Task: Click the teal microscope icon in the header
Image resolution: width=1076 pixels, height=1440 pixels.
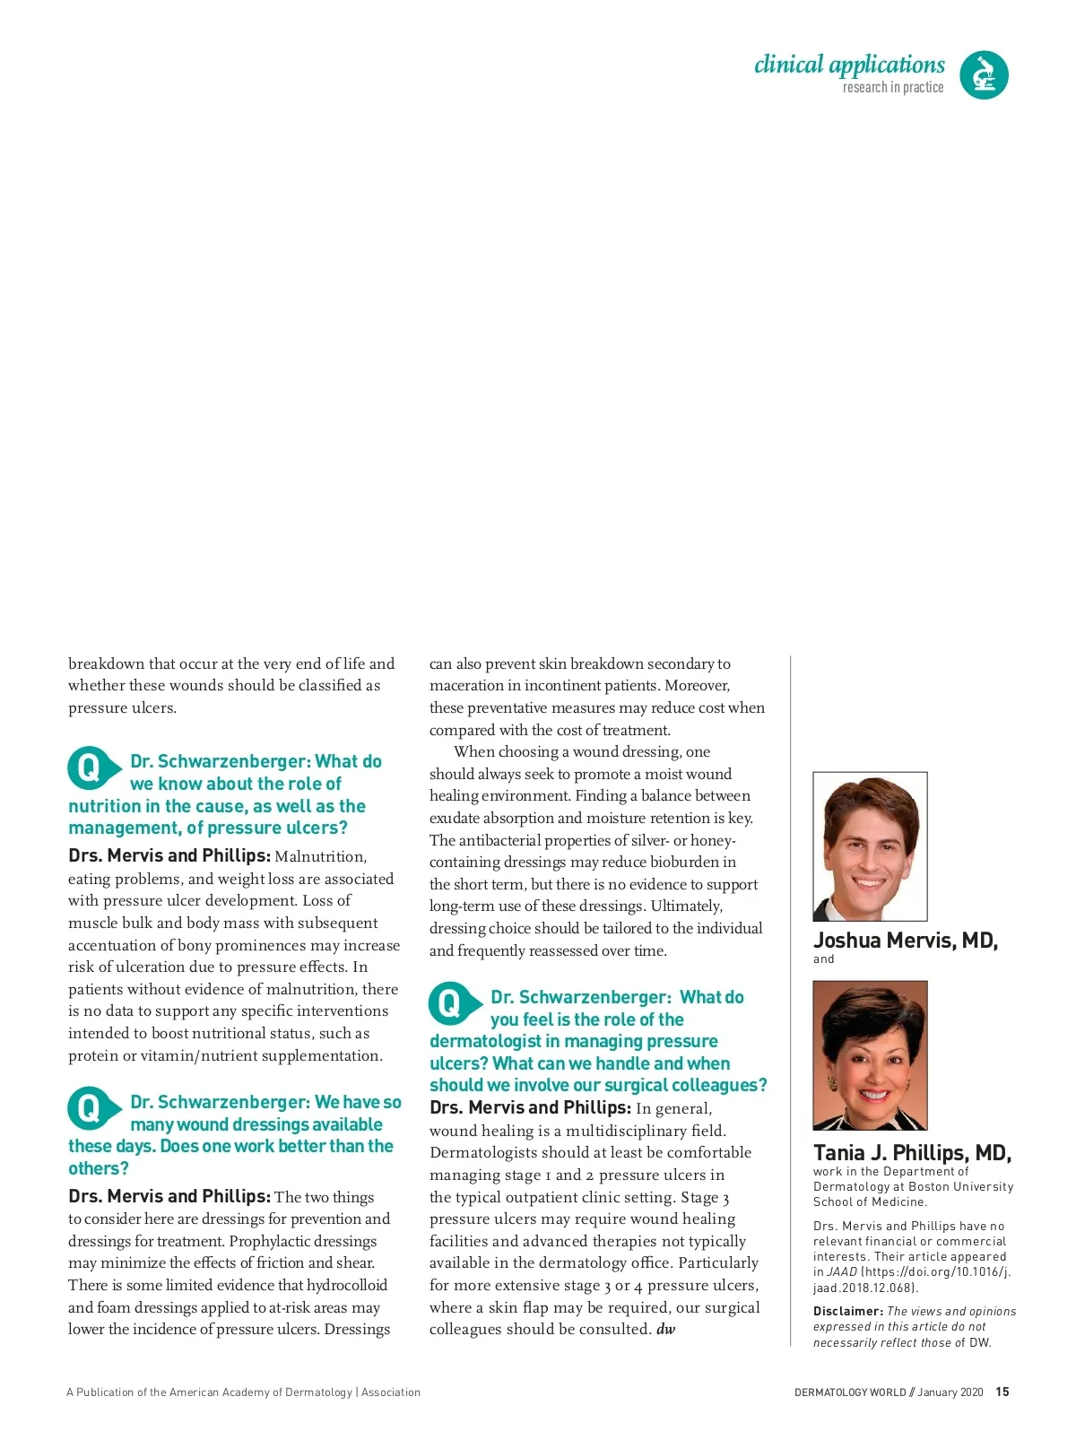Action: [984, 74]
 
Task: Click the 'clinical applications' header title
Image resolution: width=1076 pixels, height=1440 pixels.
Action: [849, 65]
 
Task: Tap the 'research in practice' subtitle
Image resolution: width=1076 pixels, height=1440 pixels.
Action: [892, 88]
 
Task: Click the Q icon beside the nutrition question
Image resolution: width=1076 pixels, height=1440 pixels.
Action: [91, 768]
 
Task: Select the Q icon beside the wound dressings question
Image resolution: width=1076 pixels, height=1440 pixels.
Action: [91, 1108]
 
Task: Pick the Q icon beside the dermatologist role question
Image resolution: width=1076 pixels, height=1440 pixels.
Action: [451, 1003]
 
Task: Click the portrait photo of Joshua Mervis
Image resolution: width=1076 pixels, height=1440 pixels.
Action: [870, 846]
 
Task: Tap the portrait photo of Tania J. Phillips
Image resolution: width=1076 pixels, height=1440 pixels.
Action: [870, 1055]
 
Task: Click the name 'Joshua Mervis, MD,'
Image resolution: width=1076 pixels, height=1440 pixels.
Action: [905, 941]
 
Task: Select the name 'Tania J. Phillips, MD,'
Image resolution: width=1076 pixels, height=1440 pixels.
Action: [912, 1153]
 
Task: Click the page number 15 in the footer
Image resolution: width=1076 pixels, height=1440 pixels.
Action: [1002, 1392]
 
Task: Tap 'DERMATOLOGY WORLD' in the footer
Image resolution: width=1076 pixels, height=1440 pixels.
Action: [849, 1392]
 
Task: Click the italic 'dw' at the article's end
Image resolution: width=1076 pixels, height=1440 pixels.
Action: [665, 1330]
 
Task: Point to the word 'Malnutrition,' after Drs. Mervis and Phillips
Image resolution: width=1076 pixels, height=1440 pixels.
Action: [320, 857]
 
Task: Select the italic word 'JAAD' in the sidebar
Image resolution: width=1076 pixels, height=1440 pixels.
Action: [842, 1272]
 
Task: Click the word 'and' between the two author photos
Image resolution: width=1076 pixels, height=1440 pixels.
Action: [823, 959]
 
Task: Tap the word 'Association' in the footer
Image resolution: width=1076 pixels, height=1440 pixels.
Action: [391, 1392]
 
